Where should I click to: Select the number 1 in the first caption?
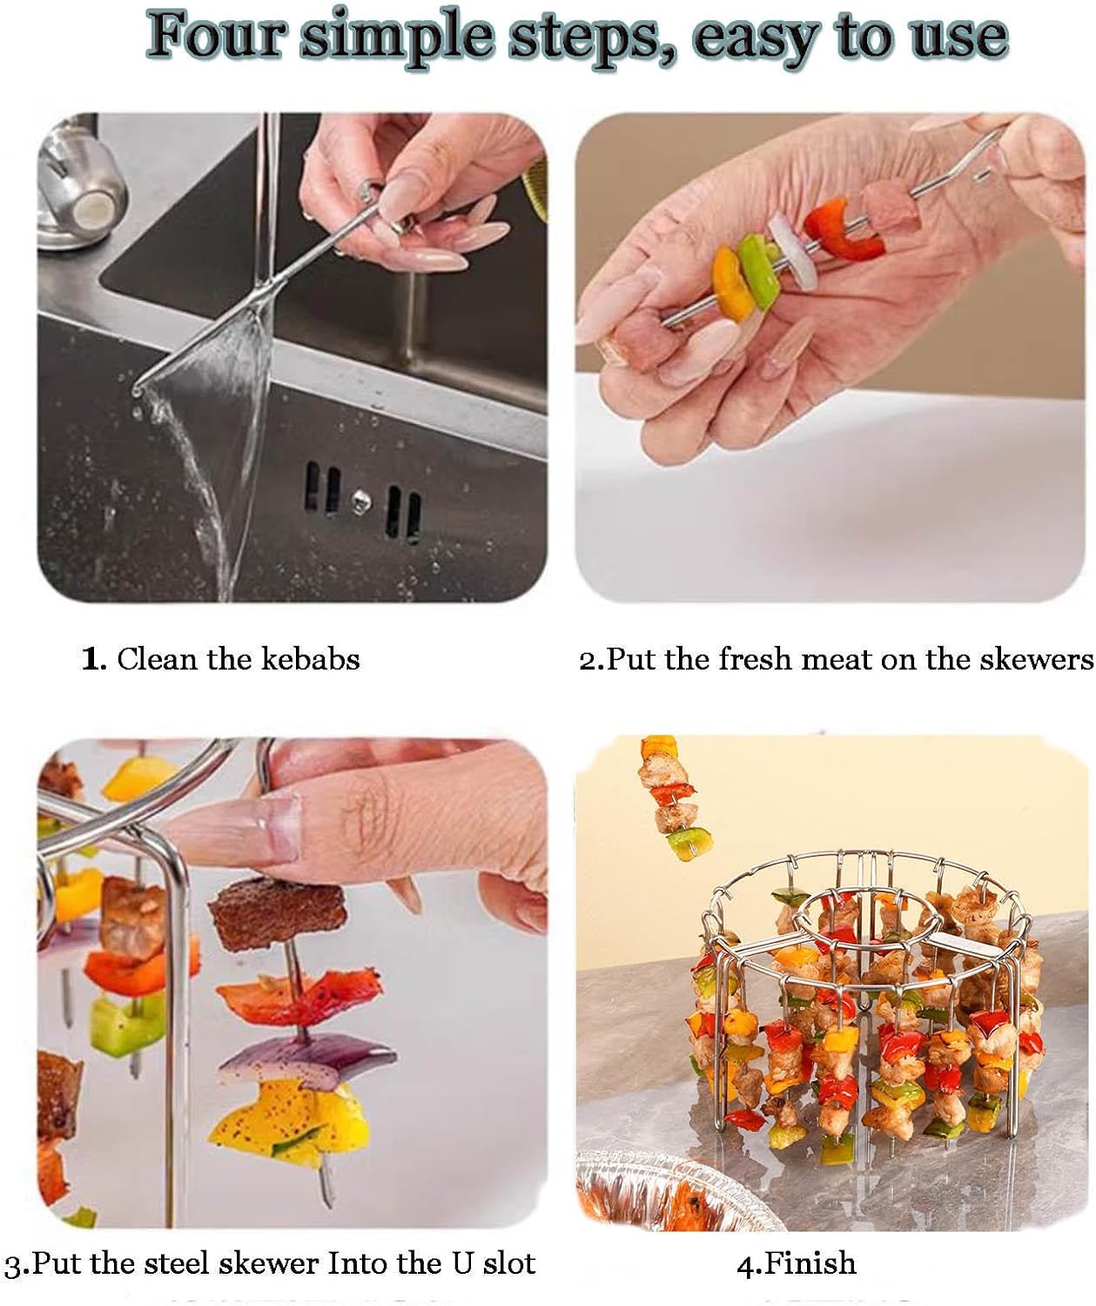point(91,659)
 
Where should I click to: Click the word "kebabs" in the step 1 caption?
point(310,659)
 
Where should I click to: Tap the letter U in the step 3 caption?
point(462,1262)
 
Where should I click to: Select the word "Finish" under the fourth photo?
point(809,1262)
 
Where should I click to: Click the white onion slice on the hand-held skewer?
point(792,255)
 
